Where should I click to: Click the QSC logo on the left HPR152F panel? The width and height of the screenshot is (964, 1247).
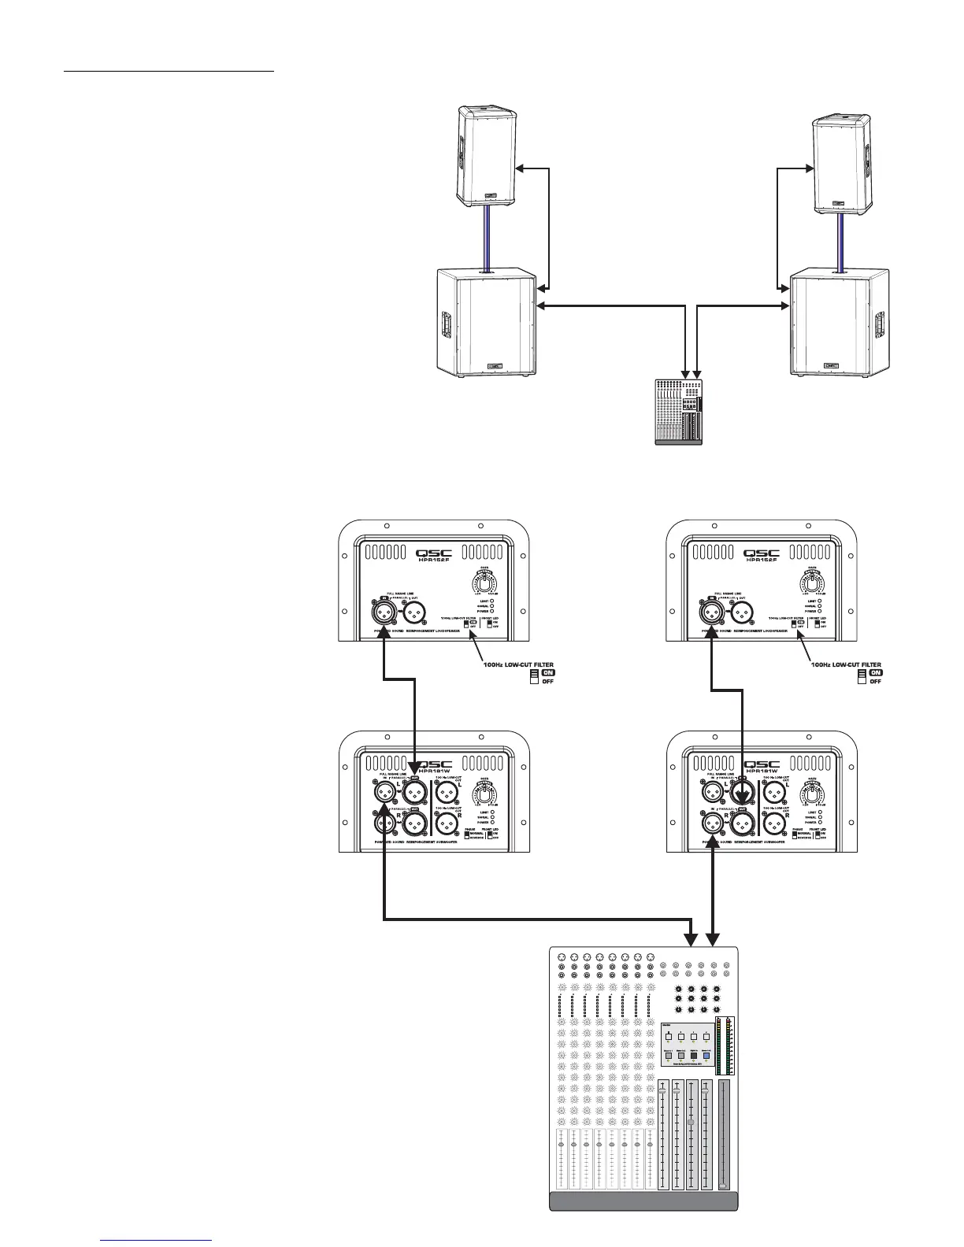pos(434,553)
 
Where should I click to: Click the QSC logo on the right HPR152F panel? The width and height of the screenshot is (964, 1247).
pos(762,553)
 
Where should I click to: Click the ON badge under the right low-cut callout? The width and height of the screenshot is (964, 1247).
pos(876,672)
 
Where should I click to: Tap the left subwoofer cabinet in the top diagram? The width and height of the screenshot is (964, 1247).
pos(487,322)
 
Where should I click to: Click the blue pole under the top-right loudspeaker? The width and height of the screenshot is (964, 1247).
pos(842,240)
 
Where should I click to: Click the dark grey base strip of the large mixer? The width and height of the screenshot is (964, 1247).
pos(643,1223)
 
